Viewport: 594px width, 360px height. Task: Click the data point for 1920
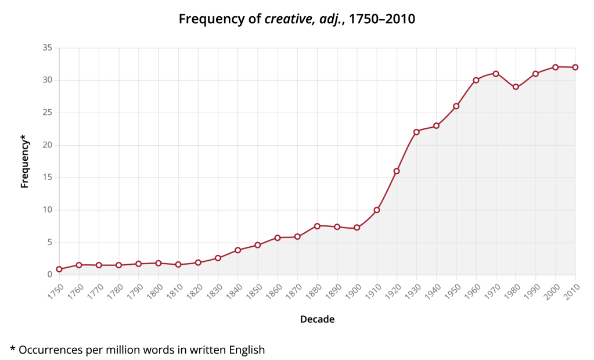tap(397, 171)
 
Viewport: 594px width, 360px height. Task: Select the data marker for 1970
tap(496, 74)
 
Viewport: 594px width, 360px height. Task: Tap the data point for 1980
tap(516, 87)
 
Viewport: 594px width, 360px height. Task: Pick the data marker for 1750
tap(59, 269)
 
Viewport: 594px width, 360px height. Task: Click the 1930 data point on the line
tap(416, 132)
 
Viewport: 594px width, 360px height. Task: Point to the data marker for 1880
tap(317, 226)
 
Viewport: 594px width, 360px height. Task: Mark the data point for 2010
tap(575, 67)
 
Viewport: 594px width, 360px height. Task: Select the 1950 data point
tap(456, 106)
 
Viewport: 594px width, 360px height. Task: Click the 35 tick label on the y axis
tap(48, 48)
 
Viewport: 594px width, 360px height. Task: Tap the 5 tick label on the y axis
tap(50, 243)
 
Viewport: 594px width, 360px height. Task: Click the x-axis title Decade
tap(317, 319)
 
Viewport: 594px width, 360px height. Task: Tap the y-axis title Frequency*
tap(24, 161)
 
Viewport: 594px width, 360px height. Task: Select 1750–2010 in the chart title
tap(381, 19)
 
